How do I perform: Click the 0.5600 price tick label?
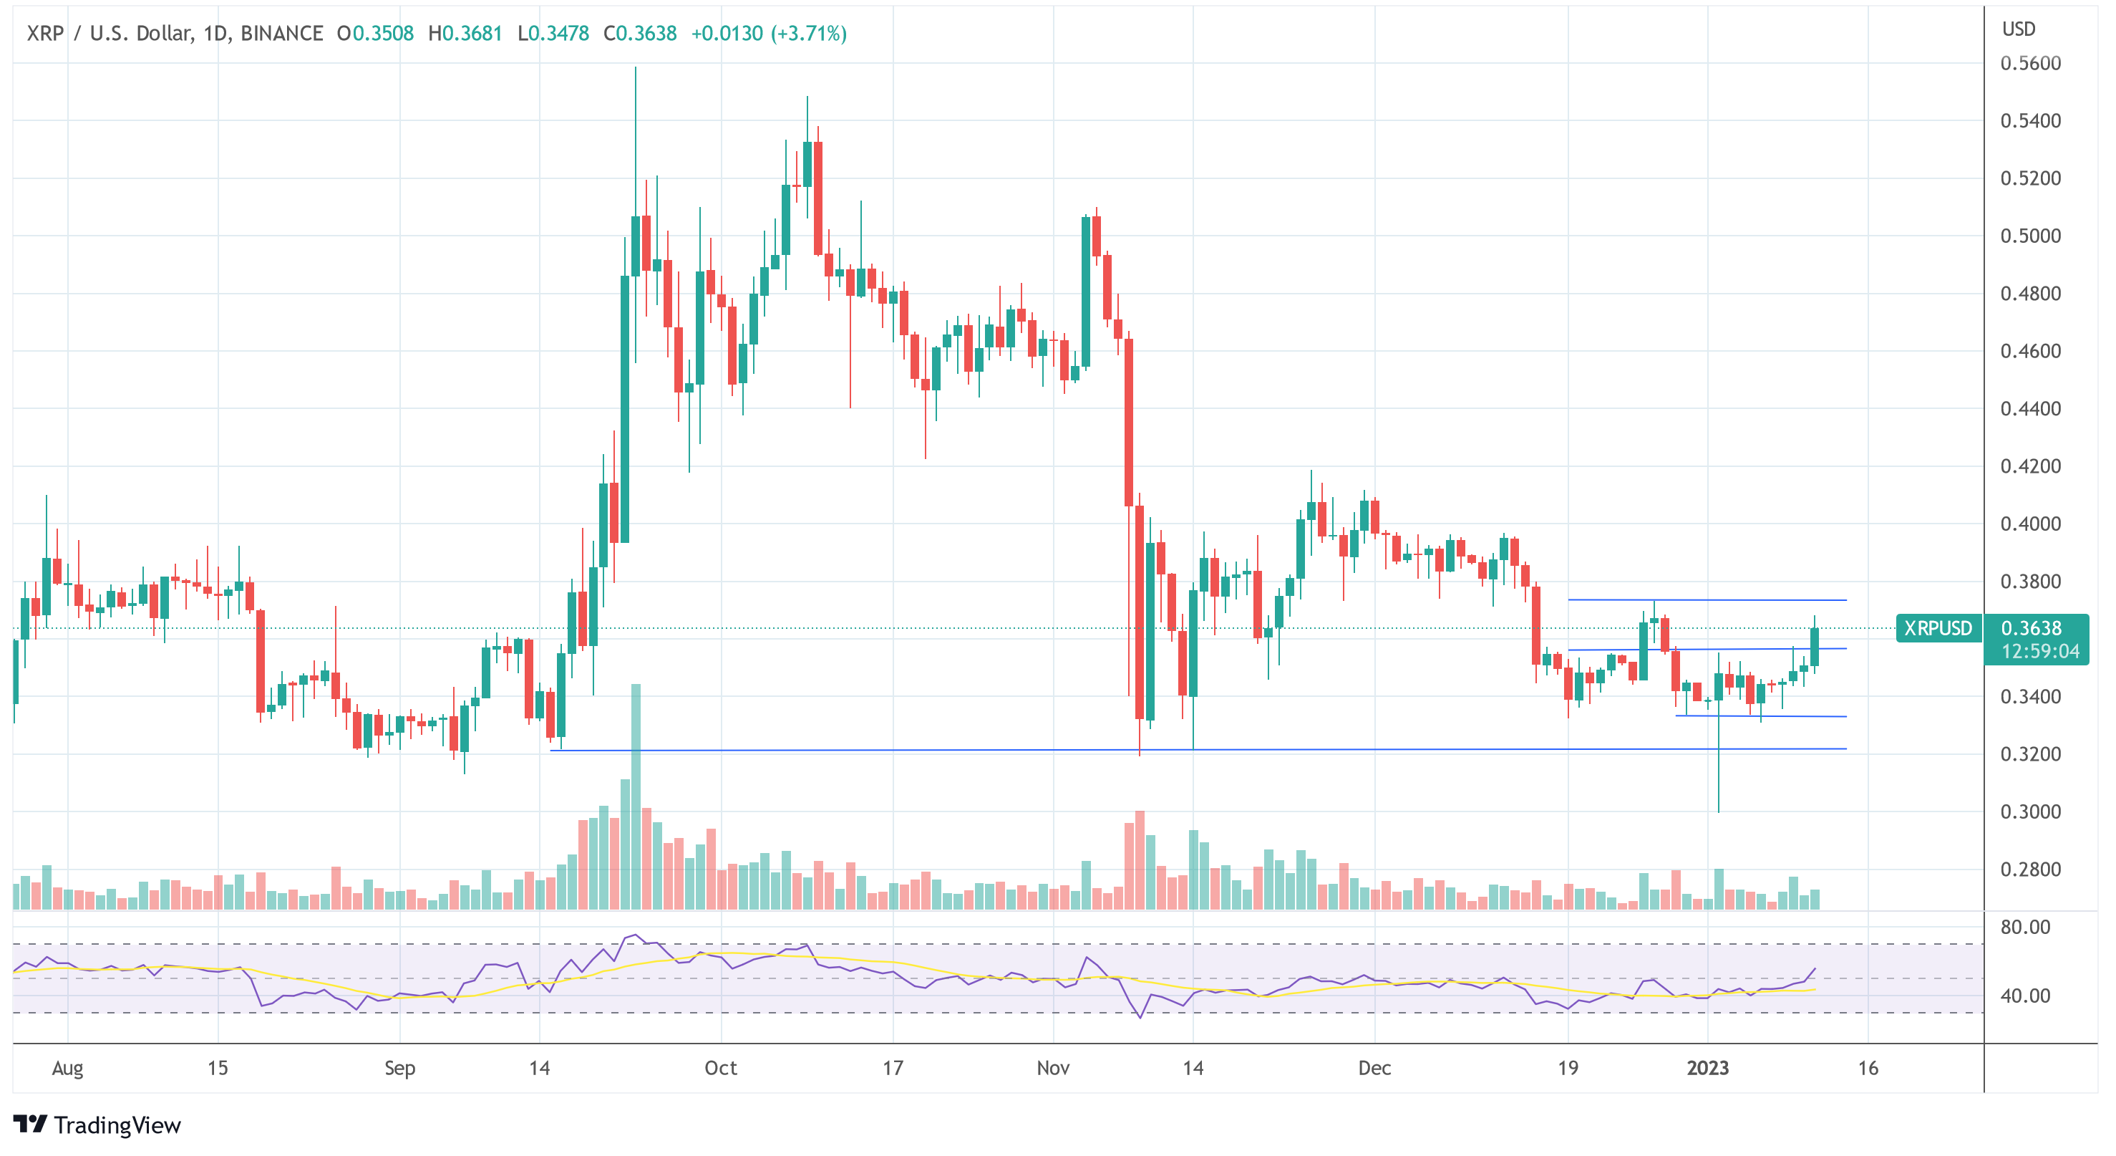pyautogui.click(x=2030, y=63)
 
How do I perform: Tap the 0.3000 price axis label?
pyautogui.click(x=2030, y=811)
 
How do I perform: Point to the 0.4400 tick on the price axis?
pyautogui.click(x=2030, y=408)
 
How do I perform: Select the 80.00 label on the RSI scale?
pyautogui.click(x=2025, y=927)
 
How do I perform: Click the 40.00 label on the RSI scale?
pyautogui.click(x=2025, y=996)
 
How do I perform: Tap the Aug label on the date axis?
pyautogui.click(x=67, y=1068)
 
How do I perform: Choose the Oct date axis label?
pyautogui.click(x=720, y=1068)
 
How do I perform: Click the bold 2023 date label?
pyautogui.click(x=1707, y=1068)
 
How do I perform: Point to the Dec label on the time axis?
pyautogui.click(x=1374, y=1068)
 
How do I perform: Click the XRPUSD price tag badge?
pyautogui.click(x=1938, y=629)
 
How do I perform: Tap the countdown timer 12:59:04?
pyautogui.click(x=2039, y=652)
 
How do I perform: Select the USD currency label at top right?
pyautogui.click(x=2018, y=29)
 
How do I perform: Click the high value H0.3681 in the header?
pyautogui.click(x=465, y=34)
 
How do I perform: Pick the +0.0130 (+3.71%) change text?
pyautogui.click(x=768, y=34)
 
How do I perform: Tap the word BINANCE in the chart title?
pyautogui.click(x=282, y=34)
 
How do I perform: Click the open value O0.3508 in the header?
pyautogui.click(x=375, y=34)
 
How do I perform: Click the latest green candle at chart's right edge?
pyautogui.click(x=1814, y=647)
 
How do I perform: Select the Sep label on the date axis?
pyautogui.click(x=399, y=1068)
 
